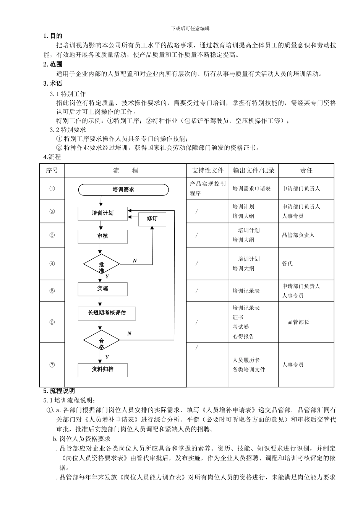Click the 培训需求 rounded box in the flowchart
click(123, 190)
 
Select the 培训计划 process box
click(103, 213)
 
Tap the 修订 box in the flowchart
click(152, 219)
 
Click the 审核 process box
click(103, 236)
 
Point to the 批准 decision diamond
click(102, 264)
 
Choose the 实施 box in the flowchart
click(103, 289)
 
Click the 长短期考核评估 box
click(107, 313)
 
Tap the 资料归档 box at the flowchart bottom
click(103, 369)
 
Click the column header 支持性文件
click(207, 171)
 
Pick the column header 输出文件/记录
click(254, 171)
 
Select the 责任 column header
click(306, 171)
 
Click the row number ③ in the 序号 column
click(52, 235)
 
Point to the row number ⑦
click(52, 365)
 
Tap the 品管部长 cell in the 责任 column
click(298, 322)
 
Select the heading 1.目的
click(53, 36)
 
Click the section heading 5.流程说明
click(59, 391)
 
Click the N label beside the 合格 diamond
click(129, 333)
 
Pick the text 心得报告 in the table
click(243, 337)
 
